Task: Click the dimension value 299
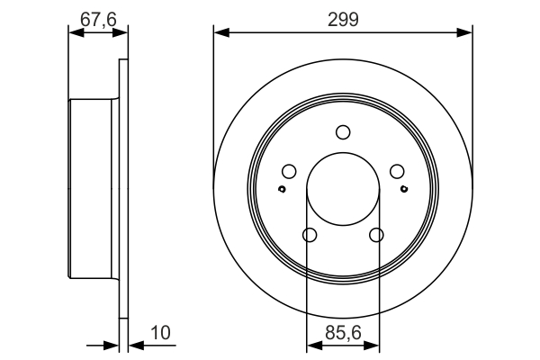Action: pos(343,19)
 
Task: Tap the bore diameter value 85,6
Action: pos(343,332)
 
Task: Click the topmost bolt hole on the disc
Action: pos(343,132)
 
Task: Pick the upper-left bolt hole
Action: pos(289,172)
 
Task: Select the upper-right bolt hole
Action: pos(397,172)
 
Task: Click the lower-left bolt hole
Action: pos(310,235)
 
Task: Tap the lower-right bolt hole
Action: pos(376,235)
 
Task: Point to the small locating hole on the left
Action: pos(282,189)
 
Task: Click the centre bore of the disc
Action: pos(343,189)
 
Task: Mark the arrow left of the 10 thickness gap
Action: pos(112,345)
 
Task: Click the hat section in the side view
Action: pos(94,189)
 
